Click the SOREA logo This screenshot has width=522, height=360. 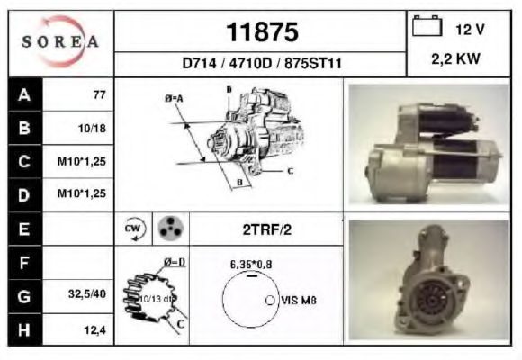(60, 41)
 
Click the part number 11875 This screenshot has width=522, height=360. (262, 32)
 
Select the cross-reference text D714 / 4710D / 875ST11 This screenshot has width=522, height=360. (262, 63)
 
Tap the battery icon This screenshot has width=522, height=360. (427, 25)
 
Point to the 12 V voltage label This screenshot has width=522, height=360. (470, 30)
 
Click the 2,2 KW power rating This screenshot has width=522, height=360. (455, 58)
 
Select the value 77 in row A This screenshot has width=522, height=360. (99, 94)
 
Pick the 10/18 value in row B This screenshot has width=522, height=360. (92, 128)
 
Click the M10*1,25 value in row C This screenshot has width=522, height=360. (82, 161)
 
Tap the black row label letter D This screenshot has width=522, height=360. (24, 195)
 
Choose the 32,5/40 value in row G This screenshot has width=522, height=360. (87, 293)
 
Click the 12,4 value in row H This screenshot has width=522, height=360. (94, 330)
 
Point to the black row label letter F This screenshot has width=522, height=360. (24, 263)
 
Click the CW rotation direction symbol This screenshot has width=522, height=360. (134, 229)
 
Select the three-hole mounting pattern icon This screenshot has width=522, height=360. (170, 229)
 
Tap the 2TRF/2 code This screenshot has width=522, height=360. (267, 229)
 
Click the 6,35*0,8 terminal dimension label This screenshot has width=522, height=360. (251, 265)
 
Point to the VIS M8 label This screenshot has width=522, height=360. (299, 301)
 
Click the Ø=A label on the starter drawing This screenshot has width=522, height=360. (174, 99)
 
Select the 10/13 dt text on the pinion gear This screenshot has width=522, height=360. (157, 299)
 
